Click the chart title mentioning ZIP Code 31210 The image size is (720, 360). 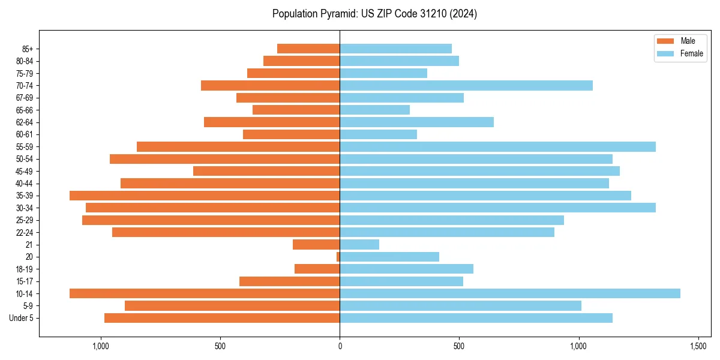tap(374, 14)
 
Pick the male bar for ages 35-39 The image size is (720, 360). tap(205, 196)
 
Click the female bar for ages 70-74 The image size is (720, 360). tap(466, 86)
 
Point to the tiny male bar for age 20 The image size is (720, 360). tap(338, 257)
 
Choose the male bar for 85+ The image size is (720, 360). tap(308, 49)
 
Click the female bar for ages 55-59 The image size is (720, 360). tap(497, 147)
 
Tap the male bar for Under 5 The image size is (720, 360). tap(222, 318)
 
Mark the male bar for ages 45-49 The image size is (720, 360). tap(266, 171)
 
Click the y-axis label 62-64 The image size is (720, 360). tap(25, 122)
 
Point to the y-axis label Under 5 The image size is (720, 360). tap(22, 318)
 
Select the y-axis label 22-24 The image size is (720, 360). tap(25, 233)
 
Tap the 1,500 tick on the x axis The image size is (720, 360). tap(698, 347)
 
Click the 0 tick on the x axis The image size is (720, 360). tap(340, 347)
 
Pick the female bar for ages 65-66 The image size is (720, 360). tap(375, 110)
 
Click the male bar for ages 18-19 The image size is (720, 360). tap(317, 269)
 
